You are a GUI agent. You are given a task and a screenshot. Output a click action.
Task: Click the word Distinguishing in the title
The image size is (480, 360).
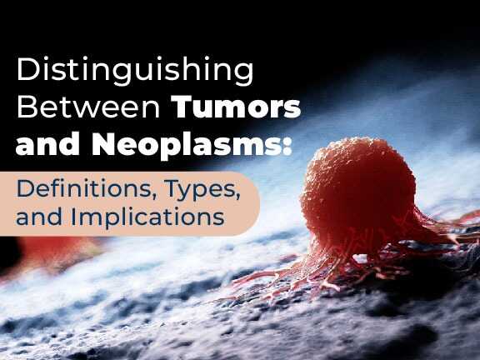pos(134,71)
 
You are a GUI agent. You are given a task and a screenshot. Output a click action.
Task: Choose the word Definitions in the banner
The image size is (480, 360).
pos(81,185)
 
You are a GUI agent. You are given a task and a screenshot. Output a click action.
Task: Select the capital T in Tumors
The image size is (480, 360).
pos(182,108)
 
